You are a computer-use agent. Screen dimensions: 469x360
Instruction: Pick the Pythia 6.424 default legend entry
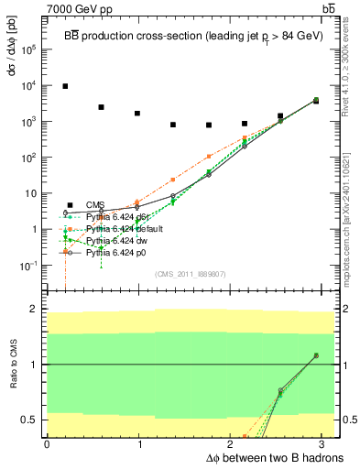point(122,228)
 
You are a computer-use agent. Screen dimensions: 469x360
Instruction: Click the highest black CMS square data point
point(65,86)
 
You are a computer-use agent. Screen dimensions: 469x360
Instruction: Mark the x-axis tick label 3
point(324,443)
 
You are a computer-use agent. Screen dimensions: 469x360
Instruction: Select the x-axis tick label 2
point(232,443)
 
